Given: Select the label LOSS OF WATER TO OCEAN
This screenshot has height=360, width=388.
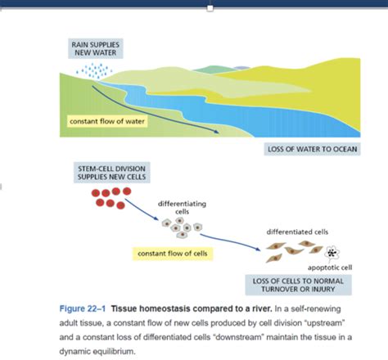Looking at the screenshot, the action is (x=311, y=150).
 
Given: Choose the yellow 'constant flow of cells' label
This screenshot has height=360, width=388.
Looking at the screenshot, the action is (x=173, y=253).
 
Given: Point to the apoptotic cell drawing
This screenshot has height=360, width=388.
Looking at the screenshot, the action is (x=333, y=253).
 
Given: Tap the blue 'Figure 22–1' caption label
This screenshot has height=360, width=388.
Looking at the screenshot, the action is (x=83, y=308).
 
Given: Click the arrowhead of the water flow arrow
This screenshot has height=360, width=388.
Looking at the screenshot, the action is (x=217, y=132).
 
